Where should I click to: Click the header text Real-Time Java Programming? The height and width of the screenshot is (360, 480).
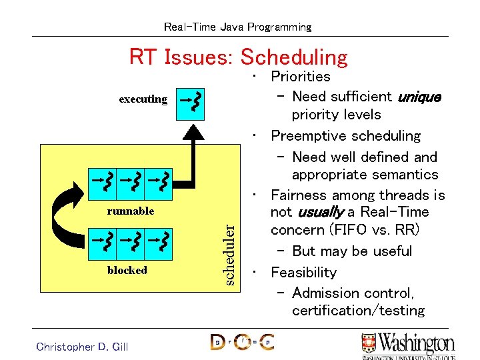pyautogui.click(x=237, y=27)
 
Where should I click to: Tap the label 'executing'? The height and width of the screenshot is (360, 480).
pyautogui.click(x=143, y=99)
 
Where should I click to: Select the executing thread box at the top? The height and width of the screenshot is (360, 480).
pyautogui.click(x=191, y=103)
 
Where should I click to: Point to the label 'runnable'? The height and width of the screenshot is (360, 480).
pyautogui.click(x=131, y=211)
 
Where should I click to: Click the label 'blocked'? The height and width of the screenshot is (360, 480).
pyautogui.click(x=127, y=270)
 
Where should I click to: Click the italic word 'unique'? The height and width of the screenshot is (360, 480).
pyautogui.click(x=419, y=97)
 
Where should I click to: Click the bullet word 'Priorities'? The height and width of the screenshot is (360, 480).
pyautogui.click(x=300, y=77)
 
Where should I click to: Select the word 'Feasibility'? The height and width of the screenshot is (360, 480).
pyautogui.click(x=303, y=273)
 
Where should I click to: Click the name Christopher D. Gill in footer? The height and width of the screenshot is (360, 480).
pyautogui.click(x=82, y=346)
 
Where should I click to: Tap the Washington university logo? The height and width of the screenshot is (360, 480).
pyautogui.click(x=408, y=345)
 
